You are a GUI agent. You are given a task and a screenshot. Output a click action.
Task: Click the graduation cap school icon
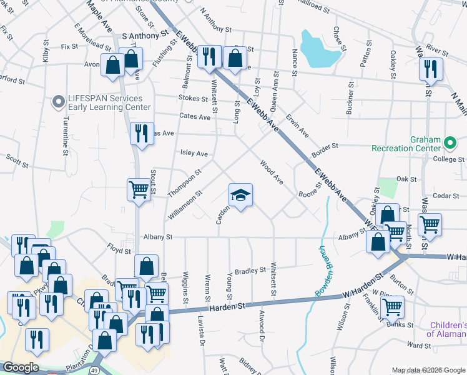pos(240,195)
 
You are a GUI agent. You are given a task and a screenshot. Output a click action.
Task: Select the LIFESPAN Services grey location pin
pos(59,101)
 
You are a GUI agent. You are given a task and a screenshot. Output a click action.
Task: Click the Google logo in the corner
pos(21,367)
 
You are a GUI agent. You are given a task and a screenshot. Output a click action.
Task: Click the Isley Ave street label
pos(194,153)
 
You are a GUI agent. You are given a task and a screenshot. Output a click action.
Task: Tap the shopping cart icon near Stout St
pos(138,189)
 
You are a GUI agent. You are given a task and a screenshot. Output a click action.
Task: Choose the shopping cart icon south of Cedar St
pos(429,223)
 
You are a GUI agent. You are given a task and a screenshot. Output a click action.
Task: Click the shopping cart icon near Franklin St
pos(391,307)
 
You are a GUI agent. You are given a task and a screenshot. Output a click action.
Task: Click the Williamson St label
pos(187,206)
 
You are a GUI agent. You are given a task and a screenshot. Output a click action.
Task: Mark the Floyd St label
pos(117,250)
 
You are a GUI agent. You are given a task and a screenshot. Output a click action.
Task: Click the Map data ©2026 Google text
pos(428,370)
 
